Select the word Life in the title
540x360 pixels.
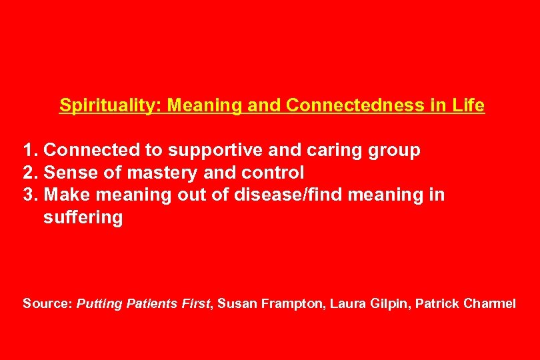(x=470, y=106)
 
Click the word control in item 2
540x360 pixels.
(x=273, y=173)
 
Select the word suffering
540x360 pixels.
(x=83, y=218)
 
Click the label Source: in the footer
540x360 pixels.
(x=48, y=304)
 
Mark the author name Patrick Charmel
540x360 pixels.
(x=465, y=304)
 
